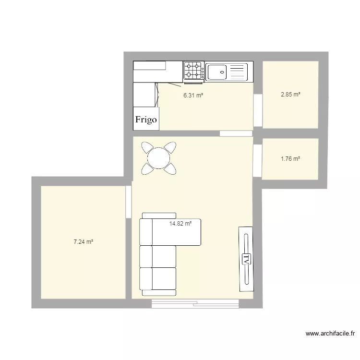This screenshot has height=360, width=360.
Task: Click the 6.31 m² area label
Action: pyautogui.click(x=193, y=95)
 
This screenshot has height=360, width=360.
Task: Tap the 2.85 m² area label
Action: pyautogui.click(x=290, y=95)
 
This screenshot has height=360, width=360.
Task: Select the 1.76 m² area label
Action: pyautogui.click(x=290, y=158)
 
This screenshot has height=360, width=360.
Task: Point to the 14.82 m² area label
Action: pyautogui.click(x=180, y=223)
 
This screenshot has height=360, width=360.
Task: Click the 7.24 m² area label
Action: pyautogui.click(x=83, y=242)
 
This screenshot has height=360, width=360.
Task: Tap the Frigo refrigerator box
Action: pyautogui.click(x=146, y=120)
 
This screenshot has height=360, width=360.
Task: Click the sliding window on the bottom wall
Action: pyautogui.click(x=195, y=303)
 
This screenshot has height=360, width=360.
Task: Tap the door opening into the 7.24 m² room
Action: pyautogui.click(x=128, y=202)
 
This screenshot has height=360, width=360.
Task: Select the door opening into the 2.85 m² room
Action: pyautogui.click(x=258, y=110)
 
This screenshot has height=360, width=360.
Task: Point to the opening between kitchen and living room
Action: pyautogui.click(x=236, y=133)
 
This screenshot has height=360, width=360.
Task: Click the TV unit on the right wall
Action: pyautogui.click(x=246, y=259)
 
